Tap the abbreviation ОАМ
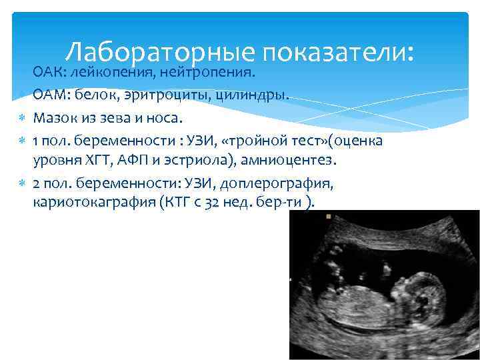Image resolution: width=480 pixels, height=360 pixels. (49, 95)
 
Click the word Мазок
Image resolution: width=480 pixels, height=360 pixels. (53, 119)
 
